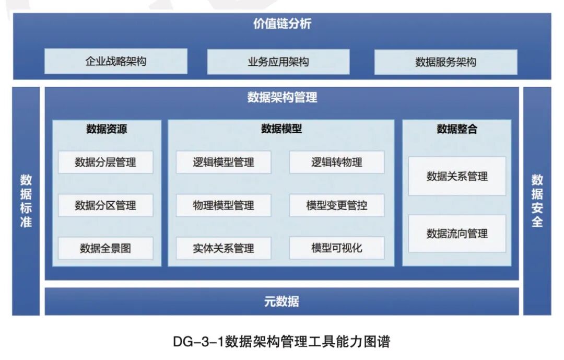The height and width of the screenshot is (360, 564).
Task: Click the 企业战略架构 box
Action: point(116,62)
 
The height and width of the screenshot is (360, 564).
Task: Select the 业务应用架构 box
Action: point(278,62)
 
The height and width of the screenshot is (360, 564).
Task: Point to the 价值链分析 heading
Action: point(282,24)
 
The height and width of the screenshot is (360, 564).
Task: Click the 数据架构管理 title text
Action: point(282,97)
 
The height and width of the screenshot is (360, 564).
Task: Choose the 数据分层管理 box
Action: point(105,162)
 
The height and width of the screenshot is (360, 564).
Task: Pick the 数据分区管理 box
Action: point(105,205)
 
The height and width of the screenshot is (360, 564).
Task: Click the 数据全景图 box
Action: point(105,248)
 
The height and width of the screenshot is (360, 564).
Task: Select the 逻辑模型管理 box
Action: point(224,162)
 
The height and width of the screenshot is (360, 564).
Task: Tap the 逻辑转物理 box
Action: point(337,162)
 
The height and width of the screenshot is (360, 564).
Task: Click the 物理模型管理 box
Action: point(224,205)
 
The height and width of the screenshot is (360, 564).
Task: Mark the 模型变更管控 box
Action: point(337,205)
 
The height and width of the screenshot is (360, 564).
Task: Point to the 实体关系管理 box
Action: point(224,248)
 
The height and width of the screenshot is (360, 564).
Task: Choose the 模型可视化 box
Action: point(337,248)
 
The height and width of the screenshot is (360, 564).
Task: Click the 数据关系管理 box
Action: point(457,177)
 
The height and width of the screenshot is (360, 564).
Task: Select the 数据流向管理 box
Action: point(457,234)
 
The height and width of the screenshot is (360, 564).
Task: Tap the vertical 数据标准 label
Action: point(26,201)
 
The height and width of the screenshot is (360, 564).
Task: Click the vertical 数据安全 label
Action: point(537,201)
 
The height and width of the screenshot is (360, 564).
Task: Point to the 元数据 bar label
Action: point(282,301)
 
